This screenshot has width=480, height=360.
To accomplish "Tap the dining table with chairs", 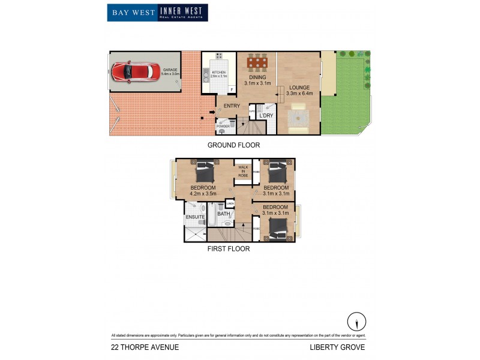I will (x=257, y=62).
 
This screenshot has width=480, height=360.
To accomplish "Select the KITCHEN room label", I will (x=219, y=73).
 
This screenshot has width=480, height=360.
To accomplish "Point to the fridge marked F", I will (x=232, y=89).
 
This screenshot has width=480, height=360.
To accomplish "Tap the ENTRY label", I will (x=232, y=106).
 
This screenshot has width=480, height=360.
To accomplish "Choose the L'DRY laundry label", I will (x=266, y=115).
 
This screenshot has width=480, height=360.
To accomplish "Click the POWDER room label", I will (x=223, y=126).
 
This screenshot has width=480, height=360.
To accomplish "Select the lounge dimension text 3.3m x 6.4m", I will (x=301, y=94).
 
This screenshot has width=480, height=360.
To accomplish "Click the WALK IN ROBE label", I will (x=243, y=171).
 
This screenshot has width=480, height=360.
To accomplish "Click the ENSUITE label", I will (x=195, y=217).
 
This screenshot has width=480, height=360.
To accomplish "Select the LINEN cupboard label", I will (x=230, y=204).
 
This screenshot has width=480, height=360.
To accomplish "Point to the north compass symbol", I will (x=356, y=321).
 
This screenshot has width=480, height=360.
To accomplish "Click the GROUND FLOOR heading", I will (x=233, y=145).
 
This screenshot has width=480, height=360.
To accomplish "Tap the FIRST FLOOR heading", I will (x=228, y=248).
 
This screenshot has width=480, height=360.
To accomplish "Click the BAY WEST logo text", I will (x=132, y=13).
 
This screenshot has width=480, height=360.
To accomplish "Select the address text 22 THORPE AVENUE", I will (x=145, y=347).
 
